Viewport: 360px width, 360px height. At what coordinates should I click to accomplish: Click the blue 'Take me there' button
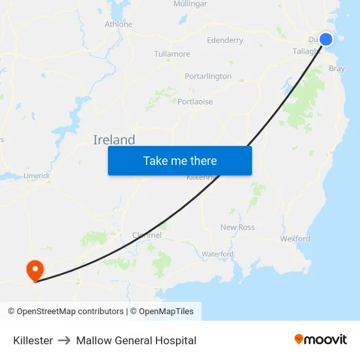pos(180,160)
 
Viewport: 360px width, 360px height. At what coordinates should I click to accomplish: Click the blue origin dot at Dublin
pos(325,39)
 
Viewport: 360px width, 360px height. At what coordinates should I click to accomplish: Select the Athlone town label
pos(118,24)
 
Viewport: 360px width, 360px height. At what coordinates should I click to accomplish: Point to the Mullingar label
pos(190,4)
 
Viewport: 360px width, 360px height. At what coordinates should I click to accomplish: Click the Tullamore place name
pos(172,54)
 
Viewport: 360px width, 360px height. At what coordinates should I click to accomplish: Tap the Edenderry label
pos(225,41)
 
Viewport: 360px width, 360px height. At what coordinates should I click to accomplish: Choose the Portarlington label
pos(208,76)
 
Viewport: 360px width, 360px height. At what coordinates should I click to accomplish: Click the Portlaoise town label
pos(195,101)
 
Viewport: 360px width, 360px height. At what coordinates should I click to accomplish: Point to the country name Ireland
pos(114,139)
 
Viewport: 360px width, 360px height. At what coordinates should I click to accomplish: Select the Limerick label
pos(36,175)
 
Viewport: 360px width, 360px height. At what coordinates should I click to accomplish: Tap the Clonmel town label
pos(147,235)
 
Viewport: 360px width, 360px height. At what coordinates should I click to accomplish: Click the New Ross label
pos(238,227)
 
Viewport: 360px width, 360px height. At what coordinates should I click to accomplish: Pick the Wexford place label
pos(295,239)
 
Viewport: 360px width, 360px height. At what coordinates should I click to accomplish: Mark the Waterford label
pos(217,254)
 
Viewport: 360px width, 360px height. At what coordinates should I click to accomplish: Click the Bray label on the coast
pos(337,68)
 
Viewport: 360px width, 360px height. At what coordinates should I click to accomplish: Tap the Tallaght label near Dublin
pos(306,52)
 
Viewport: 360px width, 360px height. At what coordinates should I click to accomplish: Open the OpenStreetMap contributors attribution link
pos(70,312)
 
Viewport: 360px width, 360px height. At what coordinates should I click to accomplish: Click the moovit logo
pos(321,340)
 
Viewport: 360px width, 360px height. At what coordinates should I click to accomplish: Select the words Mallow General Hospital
pos(136,340)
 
